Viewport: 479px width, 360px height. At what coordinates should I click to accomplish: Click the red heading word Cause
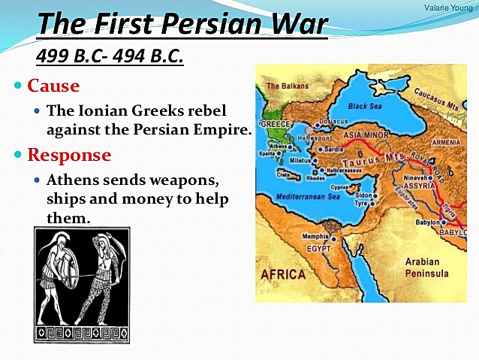(53, 86)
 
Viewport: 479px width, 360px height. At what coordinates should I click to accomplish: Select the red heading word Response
(69, 155)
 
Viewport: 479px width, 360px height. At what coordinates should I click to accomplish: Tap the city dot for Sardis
(320, 149)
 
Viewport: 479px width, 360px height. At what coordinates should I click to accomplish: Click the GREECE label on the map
(275, 124)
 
